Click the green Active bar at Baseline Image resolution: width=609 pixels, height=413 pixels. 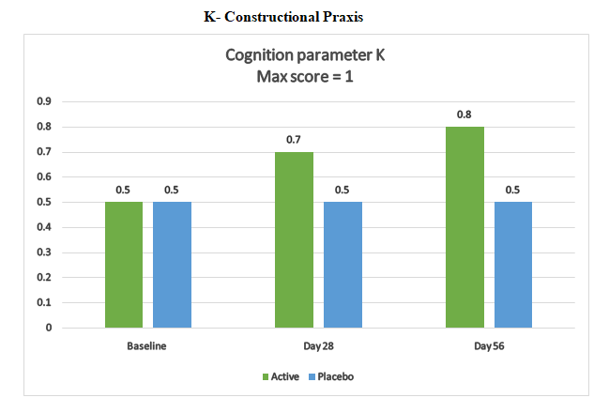coord(124,265)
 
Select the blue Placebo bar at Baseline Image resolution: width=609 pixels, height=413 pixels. coord(172,265)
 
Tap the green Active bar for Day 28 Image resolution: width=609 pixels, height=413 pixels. coord(294,239)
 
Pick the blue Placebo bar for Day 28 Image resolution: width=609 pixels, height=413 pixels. coord(343,265)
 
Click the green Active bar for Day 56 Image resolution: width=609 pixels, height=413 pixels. coord(464,227)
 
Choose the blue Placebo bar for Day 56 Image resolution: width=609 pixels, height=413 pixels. coord(513,265)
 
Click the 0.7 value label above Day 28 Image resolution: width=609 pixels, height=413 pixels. coord(294,140)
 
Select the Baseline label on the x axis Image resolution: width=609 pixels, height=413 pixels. coord(147,346)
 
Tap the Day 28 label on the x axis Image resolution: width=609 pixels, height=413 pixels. coord(318,346)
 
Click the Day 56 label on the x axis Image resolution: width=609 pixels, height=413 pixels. coord(489,346)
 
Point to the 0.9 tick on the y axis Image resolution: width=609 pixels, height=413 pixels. coord(43,101)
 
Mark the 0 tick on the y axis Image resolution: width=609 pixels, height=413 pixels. coord(48,329)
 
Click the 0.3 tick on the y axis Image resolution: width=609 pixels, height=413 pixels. coord(43,252)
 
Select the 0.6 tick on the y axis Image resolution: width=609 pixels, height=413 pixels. coord(43,176)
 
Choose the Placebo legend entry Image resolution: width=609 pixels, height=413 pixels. coord(334,376)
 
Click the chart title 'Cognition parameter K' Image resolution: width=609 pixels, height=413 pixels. coord(305,54)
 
